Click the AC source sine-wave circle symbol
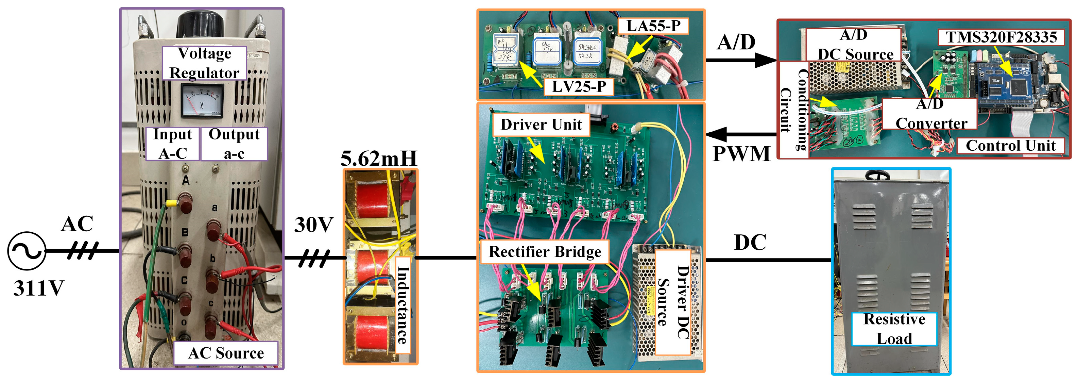click(x=27, y=251)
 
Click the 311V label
click(x=38, y=288)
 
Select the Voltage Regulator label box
click(x=204, y=63)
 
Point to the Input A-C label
click(x=172, y=144)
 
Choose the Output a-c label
click(x=234, y=144)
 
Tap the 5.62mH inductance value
click(x=379, y=159)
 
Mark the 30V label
click(x=314, y=225)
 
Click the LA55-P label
click(x=653, y=26)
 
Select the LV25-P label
click(x=579, y=87)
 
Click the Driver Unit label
click(x=541, y=125)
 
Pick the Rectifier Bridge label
click(x=545, y=252)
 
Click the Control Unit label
click(x=1010, y=146)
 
